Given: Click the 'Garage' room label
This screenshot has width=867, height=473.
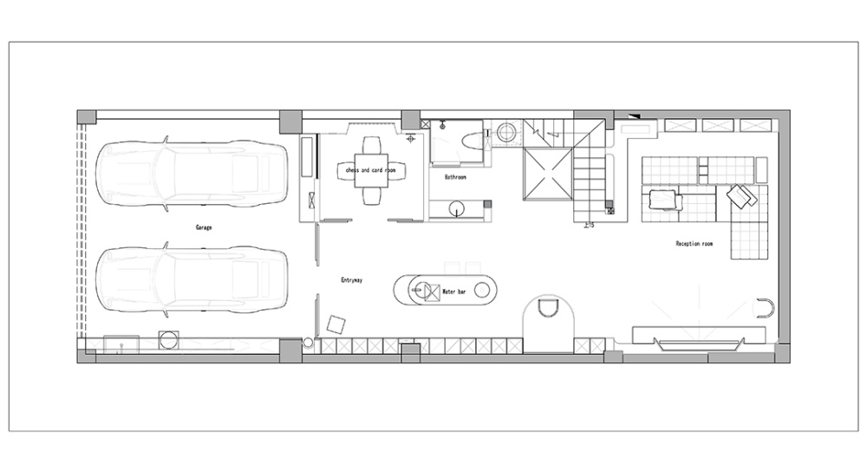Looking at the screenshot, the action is tap(204, 227).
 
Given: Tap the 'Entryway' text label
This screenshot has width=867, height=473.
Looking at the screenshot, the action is tap(352, 280).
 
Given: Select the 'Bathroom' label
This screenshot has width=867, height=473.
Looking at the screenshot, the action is tap(455, 177).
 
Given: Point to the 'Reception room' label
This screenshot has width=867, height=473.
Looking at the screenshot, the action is tap(694, 243).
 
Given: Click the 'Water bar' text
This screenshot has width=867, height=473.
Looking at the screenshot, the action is tap(454, 292).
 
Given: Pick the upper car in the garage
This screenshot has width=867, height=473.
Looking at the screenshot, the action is tap(192, 174).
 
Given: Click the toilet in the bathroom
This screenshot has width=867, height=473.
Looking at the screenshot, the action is tap(470, 141).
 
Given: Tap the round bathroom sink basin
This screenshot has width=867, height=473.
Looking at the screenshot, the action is tap(457, 208).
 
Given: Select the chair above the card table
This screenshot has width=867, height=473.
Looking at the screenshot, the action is tap(372, 146).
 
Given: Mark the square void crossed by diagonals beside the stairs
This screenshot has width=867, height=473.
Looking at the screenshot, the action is tap(547, 174).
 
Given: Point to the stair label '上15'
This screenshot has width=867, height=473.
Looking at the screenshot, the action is tap(589, 225).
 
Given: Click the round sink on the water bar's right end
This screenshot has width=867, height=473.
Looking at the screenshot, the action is tap(482, 289).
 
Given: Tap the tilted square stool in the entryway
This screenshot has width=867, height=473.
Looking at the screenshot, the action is tap(336, 325).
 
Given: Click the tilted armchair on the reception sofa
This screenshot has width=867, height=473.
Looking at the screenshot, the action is tap(741, 195).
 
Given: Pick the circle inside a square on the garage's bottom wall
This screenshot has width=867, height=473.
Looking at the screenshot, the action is tap(169, 340).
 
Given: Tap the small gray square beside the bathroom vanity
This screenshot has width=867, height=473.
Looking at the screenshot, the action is tap(487, 204).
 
